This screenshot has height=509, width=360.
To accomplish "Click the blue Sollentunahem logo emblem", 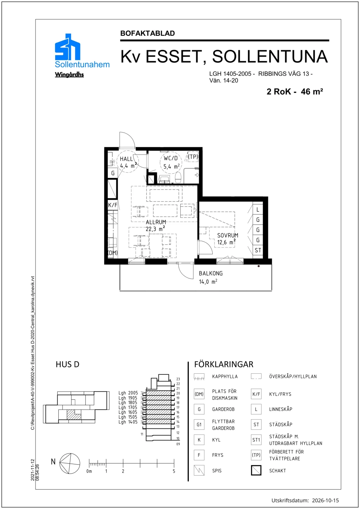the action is pos(67,47).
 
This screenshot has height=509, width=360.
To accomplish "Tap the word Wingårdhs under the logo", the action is pos(69,75).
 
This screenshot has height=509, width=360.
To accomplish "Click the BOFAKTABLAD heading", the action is pos(148,33).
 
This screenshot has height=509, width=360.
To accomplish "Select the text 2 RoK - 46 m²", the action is pos(295,91).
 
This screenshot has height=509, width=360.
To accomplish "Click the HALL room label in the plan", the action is pos(126,159).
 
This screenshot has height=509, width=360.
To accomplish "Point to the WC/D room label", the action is pos(171,158).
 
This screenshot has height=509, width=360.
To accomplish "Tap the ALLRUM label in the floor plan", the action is pos(156,222).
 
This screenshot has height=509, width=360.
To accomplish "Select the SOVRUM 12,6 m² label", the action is pos(227,239).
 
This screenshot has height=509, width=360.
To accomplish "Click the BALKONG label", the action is pos(211,273).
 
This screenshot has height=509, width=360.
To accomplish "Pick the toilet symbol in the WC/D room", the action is pos(178,177).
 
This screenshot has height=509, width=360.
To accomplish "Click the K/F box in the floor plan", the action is pos(113,205).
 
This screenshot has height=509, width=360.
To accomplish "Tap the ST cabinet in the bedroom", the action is pos(258,250).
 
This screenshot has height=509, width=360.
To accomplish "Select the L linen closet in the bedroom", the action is pos(258,210).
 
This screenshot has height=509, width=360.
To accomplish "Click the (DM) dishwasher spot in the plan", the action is pos(112,253).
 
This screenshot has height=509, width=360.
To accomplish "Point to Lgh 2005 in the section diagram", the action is pos(128,393).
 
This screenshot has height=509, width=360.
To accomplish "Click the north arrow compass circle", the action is pos(70,464).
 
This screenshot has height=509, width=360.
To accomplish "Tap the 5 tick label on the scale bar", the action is pos(174,471).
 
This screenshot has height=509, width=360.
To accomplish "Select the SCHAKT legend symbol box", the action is pos(256,470).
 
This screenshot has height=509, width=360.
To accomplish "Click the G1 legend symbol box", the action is pos(199,425).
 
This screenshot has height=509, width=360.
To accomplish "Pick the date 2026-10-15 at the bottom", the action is pos(326,500).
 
